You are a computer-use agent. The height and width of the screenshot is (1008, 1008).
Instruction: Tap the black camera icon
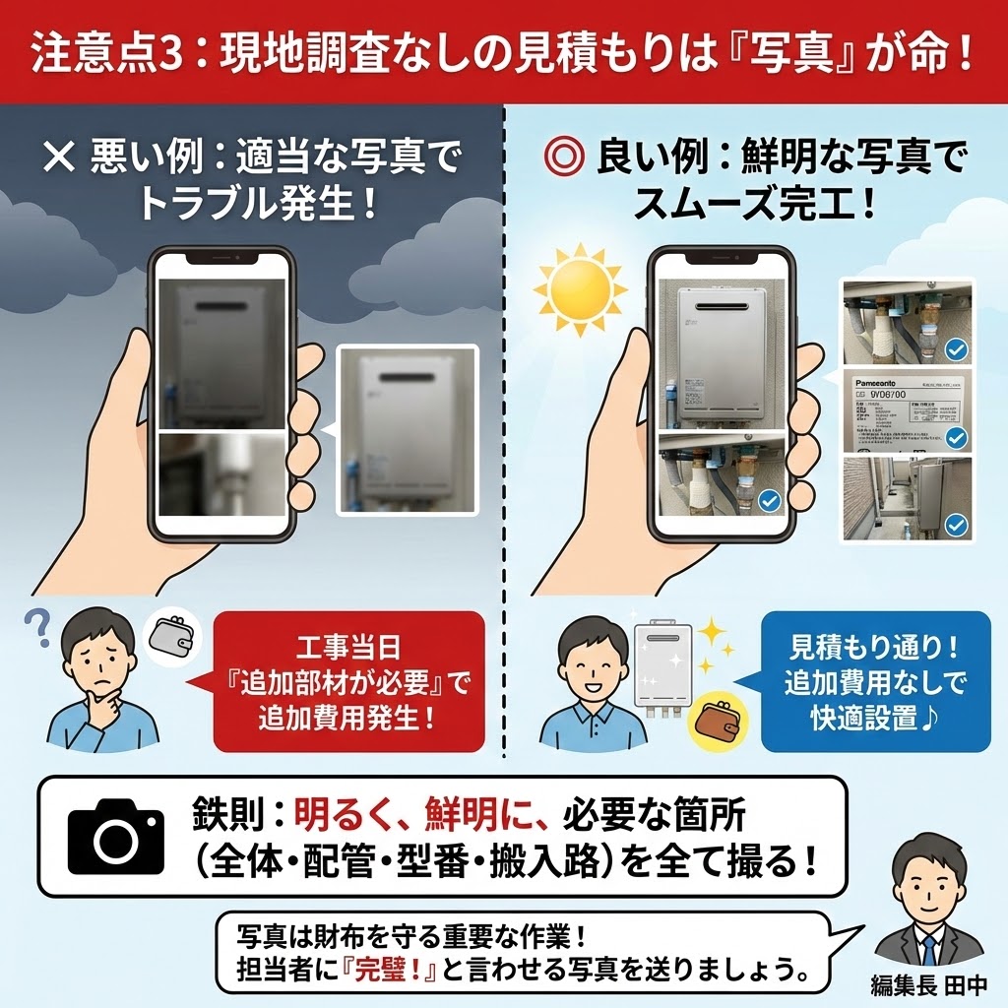pyautogui.click(x=116, y=837)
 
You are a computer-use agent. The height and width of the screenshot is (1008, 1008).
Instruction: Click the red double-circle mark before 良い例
pyautogui.click(x=563, y=158)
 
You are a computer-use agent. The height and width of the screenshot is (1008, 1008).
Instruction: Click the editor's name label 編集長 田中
pyautogui.click(x=929, y=983)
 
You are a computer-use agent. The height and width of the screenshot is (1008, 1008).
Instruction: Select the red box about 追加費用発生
pyautogui.click(x=348, y=681)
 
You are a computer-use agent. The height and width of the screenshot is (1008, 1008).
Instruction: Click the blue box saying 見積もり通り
pyautogui.click(x=861, y=681)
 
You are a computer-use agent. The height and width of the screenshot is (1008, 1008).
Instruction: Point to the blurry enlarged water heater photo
pyautogui.click(x=407, y=429)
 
